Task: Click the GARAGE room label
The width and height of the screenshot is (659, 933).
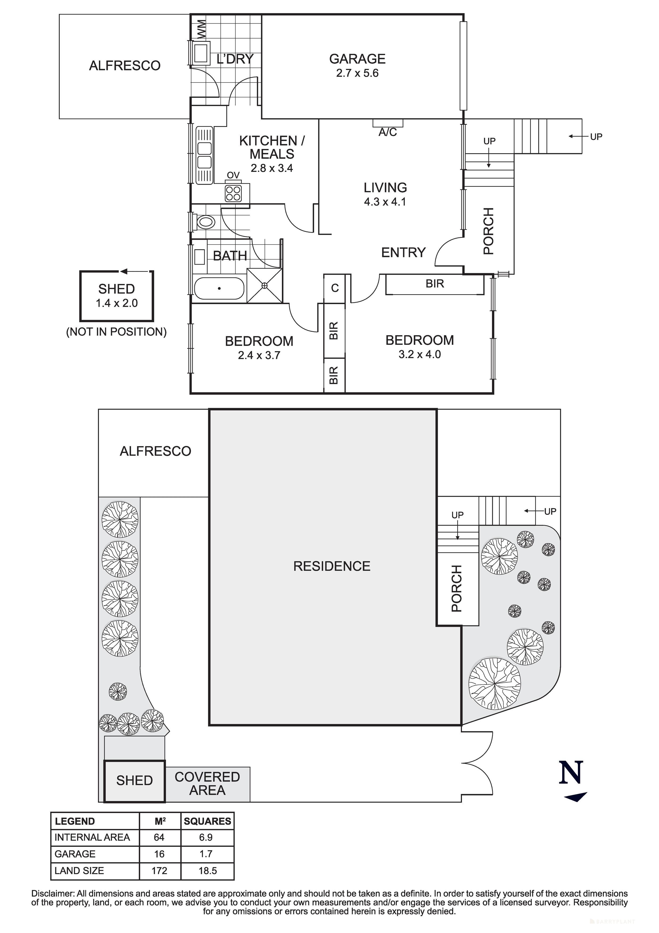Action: pos(357,59)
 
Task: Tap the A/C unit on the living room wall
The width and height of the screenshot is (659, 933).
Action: pos(388,123)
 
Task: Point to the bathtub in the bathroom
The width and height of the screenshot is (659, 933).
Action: pos(219,288)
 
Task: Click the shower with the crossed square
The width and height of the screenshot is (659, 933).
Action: pos(265,286)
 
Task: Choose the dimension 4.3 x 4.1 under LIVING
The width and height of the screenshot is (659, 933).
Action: pos(385,202)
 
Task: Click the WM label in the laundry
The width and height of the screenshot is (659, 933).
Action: pos(201,29)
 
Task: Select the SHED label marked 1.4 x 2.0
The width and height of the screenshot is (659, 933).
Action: pos(116,289)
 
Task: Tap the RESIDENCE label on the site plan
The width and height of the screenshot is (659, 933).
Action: pos(332,566)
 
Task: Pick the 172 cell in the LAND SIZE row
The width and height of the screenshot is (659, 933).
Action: pos(159,870)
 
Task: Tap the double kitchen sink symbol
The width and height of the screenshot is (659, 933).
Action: pos(204,155)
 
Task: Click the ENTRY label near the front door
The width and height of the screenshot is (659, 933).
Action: pos(403,252)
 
